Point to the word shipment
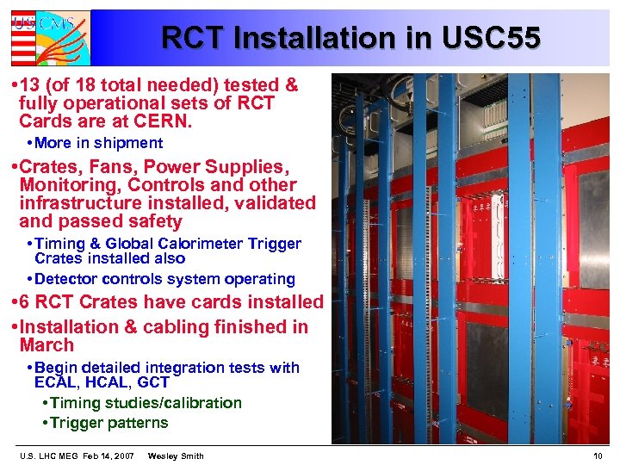coord(129,143)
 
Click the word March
coord(46,345)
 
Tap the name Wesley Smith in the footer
coord(176,456)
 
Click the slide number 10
coord(598,456)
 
